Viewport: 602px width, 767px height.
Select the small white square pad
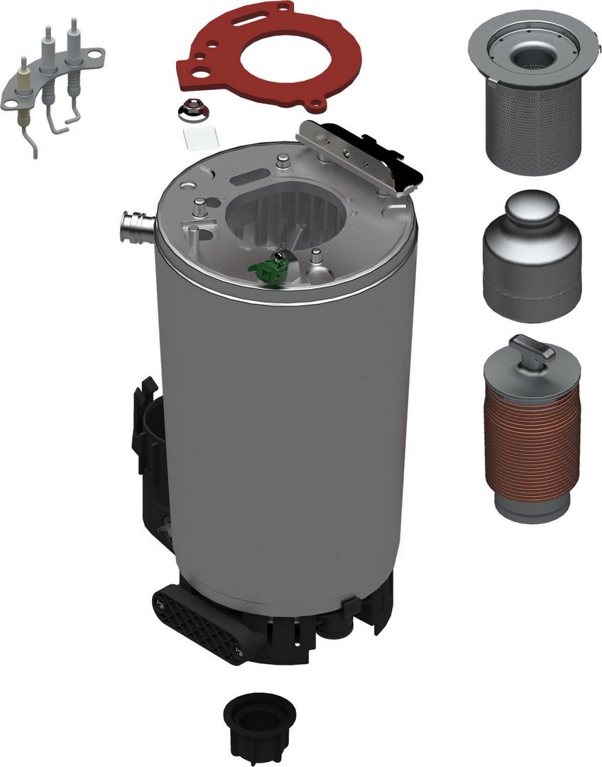pyautogui.click(x=195, y=138)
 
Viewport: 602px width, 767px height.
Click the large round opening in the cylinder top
pyautogui.click(x=288, y=213)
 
